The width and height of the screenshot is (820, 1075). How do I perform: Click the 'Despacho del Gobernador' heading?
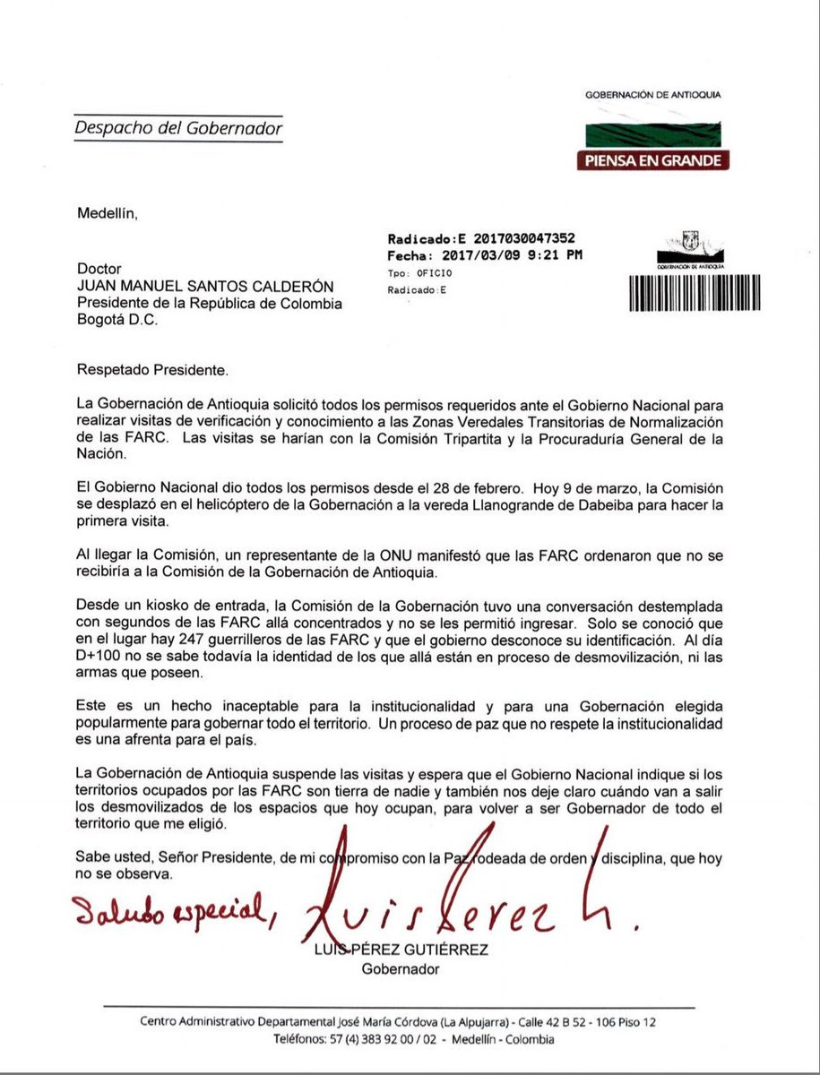click(178, 128)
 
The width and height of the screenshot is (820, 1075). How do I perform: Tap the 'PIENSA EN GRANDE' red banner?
click(652, 160)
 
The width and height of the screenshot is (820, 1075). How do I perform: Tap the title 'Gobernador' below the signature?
click(398, 969)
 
